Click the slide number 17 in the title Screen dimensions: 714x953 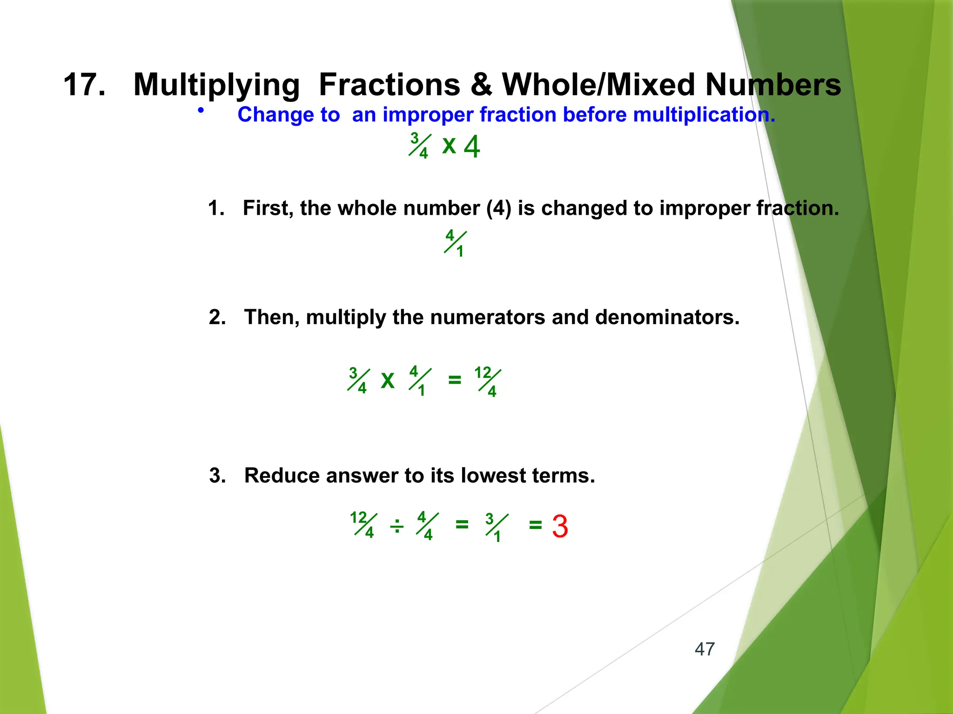click(84, 85)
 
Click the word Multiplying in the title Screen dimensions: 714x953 click(216, 85)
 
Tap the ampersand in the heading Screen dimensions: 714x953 click(481, 85)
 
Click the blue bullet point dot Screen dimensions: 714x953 click(201, 111)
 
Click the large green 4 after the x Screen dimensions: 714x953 click(472, 147)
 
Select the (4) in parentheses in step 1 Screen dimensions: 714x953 click(498, 208)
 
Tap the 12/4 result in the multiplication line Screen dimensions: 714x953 click(488, 381)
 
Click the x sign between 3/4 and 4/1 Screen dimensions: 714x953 click(387, 380)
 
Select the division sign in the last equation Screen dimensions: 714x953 click(396, 527)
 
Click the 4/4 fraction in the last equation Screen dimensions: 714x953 click(427, 526)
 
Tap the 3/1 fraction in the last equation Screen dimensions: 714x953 click(496, 527)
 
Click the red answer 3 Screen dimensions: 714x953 click(560, 527)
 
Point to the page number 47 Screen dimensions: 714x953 click(704, 649)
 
